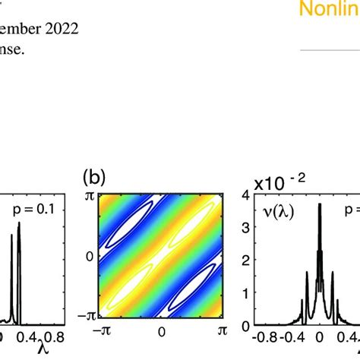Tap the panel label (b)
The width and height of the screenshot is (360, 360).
click(x=93, y=181)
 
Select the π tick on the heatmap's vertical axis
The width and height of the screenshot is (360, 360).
click(x=89, y=197)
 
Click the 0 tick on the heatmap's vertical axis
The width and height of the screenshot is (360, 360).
click(x=88, y=257)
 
